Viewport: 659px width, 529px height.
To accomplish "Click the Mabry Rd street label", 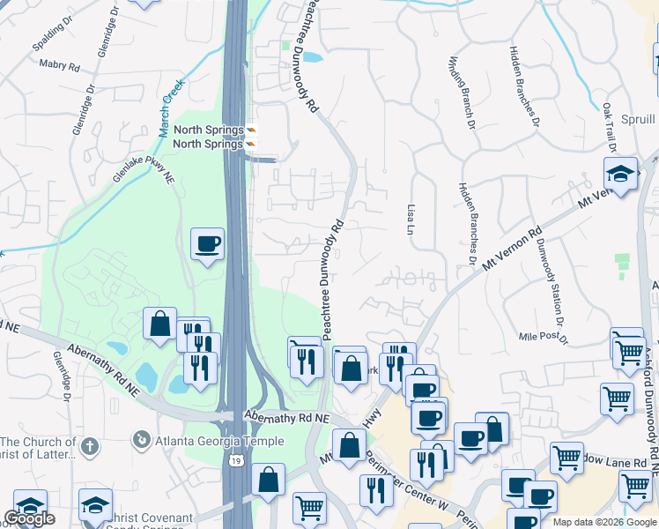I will pos(60,64).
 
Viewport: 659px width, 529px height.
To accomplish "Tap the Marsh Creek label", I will pos(170,108).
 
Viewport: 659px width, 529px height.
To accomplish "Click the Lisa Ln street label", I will pos(411,218).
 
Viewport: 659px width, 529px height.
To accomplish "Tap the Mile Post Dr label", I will pos(544,337).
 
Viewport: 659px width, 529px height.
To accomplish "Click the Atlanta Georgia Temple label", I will pos(219,441).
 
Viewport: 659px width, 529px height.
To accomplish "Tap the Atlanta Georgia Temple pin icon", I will pos(141,438).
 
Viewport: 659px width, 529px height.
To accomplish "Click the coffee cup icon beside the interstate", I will pos(208,243).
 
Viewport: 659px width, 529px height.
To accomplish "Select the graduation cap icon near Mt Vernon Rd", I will pos(621,173).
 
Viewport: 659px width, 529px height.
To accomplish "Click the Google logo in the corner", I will pos(29,518).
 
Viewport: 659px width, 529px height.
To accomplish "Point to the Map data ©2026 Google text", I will pos(604,522).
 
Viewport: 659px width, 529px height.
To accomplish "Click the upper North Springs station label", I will pos(208,130).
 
